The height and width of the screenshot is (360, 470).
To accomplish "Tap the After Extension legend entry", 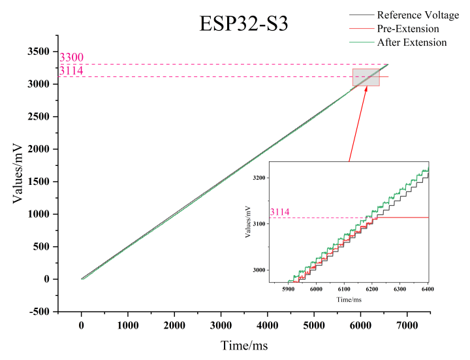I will pyautogui.click(x=412, y=42).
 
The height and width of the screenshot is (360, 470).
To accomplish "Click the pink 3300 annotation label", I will pyautogui.click(x=71, y=58).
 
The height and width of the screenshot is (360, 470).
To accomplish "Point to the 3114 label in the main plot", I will pyautogui.click(x=71, y=71).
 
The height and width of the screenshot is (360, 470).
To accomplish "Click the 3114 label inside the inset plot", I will pyautogui.click(x=279, y=212).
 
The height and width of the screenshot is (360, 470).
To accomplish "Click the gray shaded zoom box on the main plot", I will pyautogui.click(x=366, y=77).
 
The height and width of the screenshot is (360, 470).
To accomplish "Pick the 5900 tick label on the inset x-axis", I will pyautogui.click(x=288, y=289).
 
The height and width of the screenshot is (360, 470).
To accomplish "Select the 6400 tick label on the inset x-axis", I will pyautogui.click(x=428, y=289).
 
